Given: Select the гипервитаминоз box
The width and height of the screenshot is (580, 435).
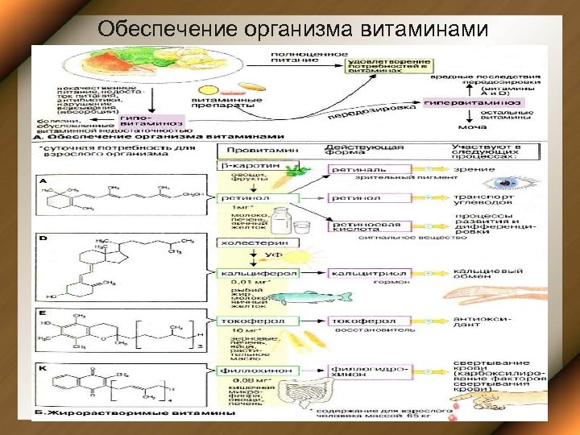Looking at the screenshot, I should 473,103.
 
